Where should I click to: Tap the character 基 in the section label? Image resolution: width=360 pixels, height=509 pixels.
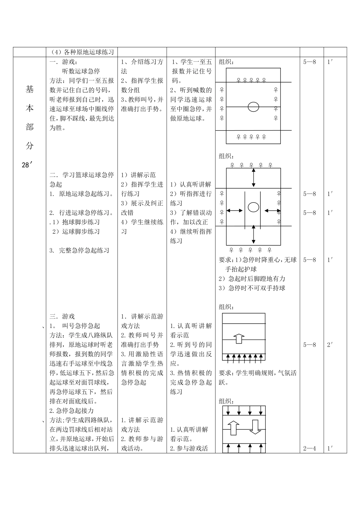pyautogui.click(x=30, y=89)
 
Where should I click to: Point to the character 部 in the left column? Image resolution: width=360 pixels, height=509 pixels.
pyautogui.click(x=30, y=127)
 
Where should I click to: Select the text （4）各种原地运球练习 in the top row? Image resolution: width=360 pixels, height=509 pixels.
pyautogui.click(x=82, y=52)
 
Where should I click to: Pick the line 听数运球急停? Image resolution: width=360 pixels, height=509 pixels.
pyautogui.click(x=81, y=71)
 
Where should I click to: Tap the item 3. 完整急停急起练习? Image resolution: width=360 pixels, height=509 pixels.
pyautogui.click(x=80, y=250)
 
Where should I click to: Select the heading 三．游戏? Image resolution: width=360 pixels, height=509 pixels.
pyautogui.click(x=62, y=316)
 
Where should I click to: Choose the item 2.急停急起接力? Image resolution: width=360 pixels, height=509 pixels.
pyautogui.click(x=72, y=411)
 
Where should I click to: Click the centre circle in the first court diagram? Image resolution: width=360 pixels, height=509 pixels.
pyautogui.click(x=254, y=107)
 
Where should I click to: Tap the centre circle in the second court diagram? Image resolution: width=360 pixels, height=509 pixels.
pyautogui.click(x=254, y=207)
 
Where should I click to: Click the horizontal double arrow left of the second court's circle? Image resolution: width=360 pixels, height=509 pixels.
pyautogui.click(x=235, y=211)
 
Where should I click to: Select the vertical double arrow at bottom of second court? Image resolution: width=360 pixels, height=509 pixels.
pyautogui.click(x=254, y=237)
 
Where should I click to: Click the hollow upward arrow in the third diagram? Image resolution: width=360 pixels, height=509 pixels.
pyautogui.click(x=238, y=338)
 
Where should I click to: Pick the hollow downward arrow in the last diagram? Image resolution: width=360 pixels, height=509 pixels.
pyautogui.click(x=255, y=427)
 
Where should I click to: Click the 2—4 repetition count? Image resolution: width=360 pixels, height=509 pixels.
pyautogui.click(x=309, y=449)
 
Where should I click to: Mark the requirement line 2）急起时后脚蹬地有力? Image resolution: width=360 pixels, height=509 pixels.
pyautogui.click(x=252, y=279)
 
